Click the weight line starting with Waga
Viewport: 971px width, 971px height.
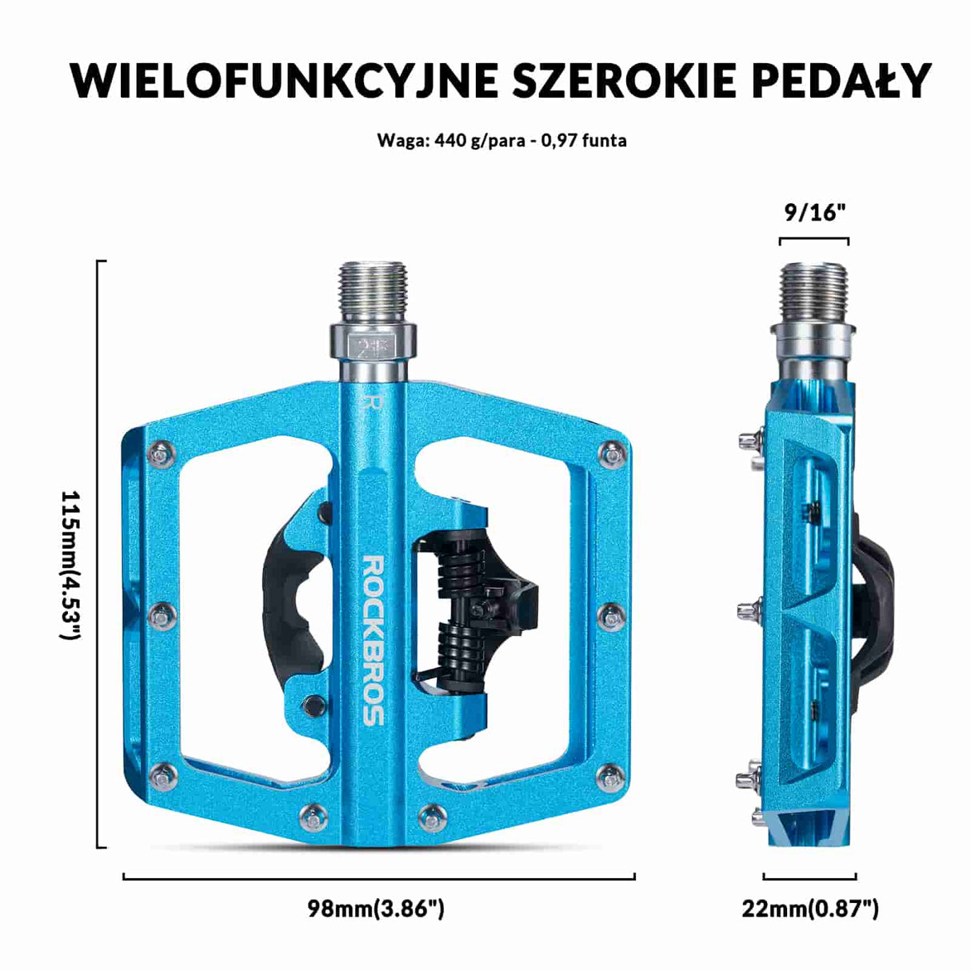click(x=501, y=141)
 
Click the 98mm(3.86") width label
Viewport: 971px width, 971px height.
click(x=376, y=909)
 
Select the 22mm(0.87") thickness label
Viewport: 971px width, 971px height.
click(x=810, y=909)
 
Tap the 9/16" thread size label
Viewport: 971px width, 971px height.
click(x=814, y=212)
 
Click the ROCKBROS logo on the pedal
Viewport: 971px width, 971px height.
click(x=374, y=640)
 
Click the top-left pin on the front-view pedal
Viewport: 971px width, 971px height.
click(x=163, y=454)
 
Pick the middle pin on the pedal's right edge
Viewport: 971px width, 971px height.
click(x=613, y=616)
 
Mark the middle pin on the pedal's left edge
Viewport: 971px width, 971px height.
click(x=164, y=615)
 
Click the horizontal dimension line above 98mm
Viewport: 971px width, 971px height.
click(x=378, y=877)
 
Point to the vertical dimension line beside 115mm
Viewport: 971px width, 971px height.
click(x=98, y=553)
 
